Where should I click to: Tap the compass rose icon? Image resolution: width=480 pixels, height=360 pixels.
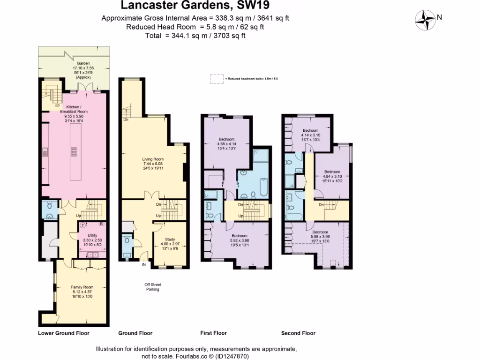click(425, 18)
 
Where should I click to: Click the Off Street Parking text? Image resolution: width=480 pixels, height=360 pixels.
click(152, 287)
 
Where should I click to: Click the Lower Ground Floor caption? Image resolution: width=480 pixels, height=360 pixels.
click(63, 333)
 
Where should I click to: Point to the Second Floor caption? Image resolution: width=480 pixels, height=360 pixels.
click(298, 333)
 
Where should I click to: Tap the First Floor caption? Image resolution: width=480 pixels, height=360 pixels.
click(213, 333)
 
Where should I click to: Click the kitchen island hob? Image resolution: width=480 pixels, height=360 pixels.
click(74, 151)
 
